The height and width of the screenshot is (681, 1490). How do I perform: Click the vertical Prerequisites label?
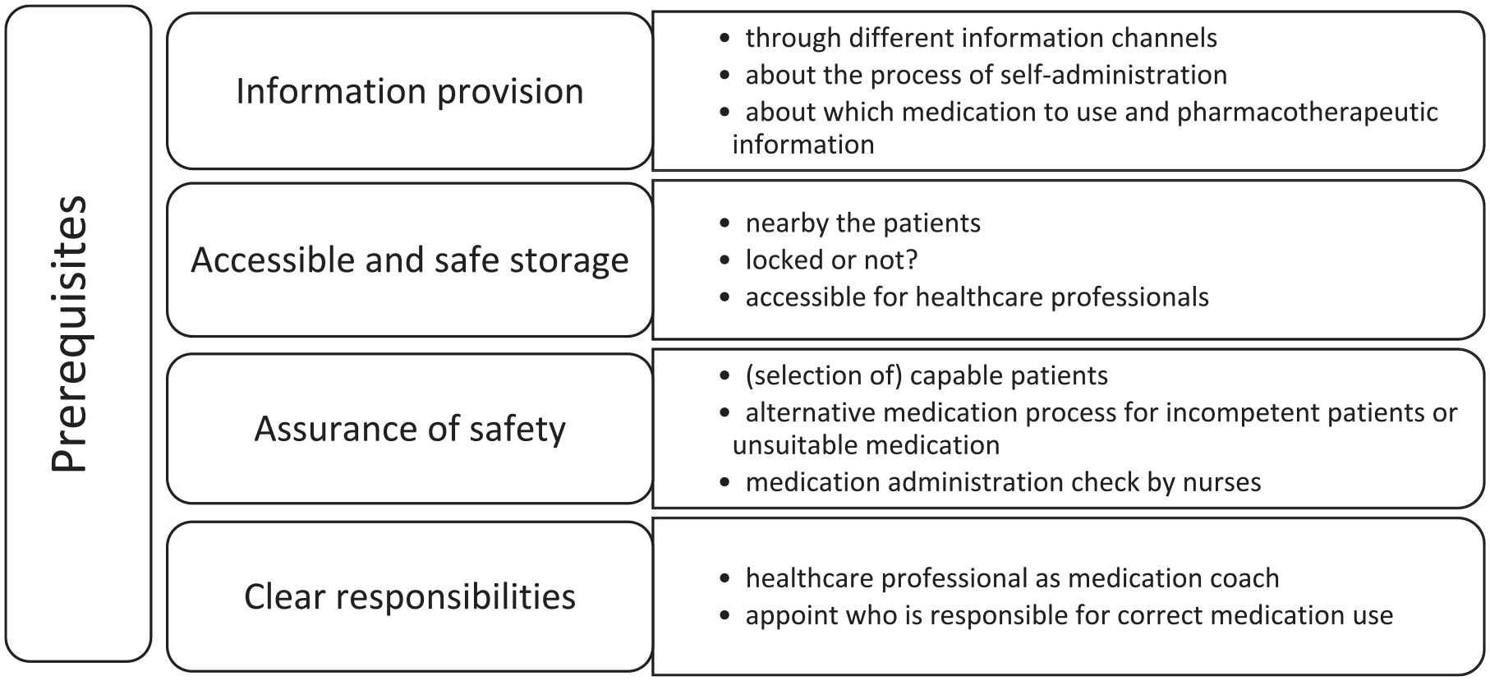click(69, 334)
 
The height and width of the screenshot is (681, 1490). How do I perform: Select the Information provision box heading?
click(410, 91)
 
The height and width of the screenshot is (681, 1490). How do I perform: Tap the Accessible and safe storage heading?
click(410, 260)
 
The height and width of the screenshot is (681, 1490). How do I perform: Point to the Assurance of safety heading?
click(410, 429)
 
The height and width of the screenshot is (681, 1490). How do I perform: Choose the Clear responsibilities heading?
click(410, 596)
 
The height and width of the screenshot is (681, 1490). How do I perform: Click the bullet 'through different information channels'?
click(981, 38)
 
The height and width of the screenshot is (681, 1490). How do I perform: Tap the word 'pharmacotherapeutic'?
click(1307, 113)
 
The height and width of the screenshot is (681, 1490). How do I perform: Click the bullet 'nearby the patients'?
click(862, 223)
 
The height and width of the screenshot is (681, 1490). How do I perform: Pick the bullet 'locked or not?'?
click(831, 260)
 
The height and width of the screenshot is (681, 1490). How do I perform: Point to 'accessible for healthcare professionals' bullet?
click(977, 297)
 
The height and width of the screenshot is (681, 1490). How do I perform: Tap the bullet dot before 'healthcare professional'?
click(724, 579)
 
